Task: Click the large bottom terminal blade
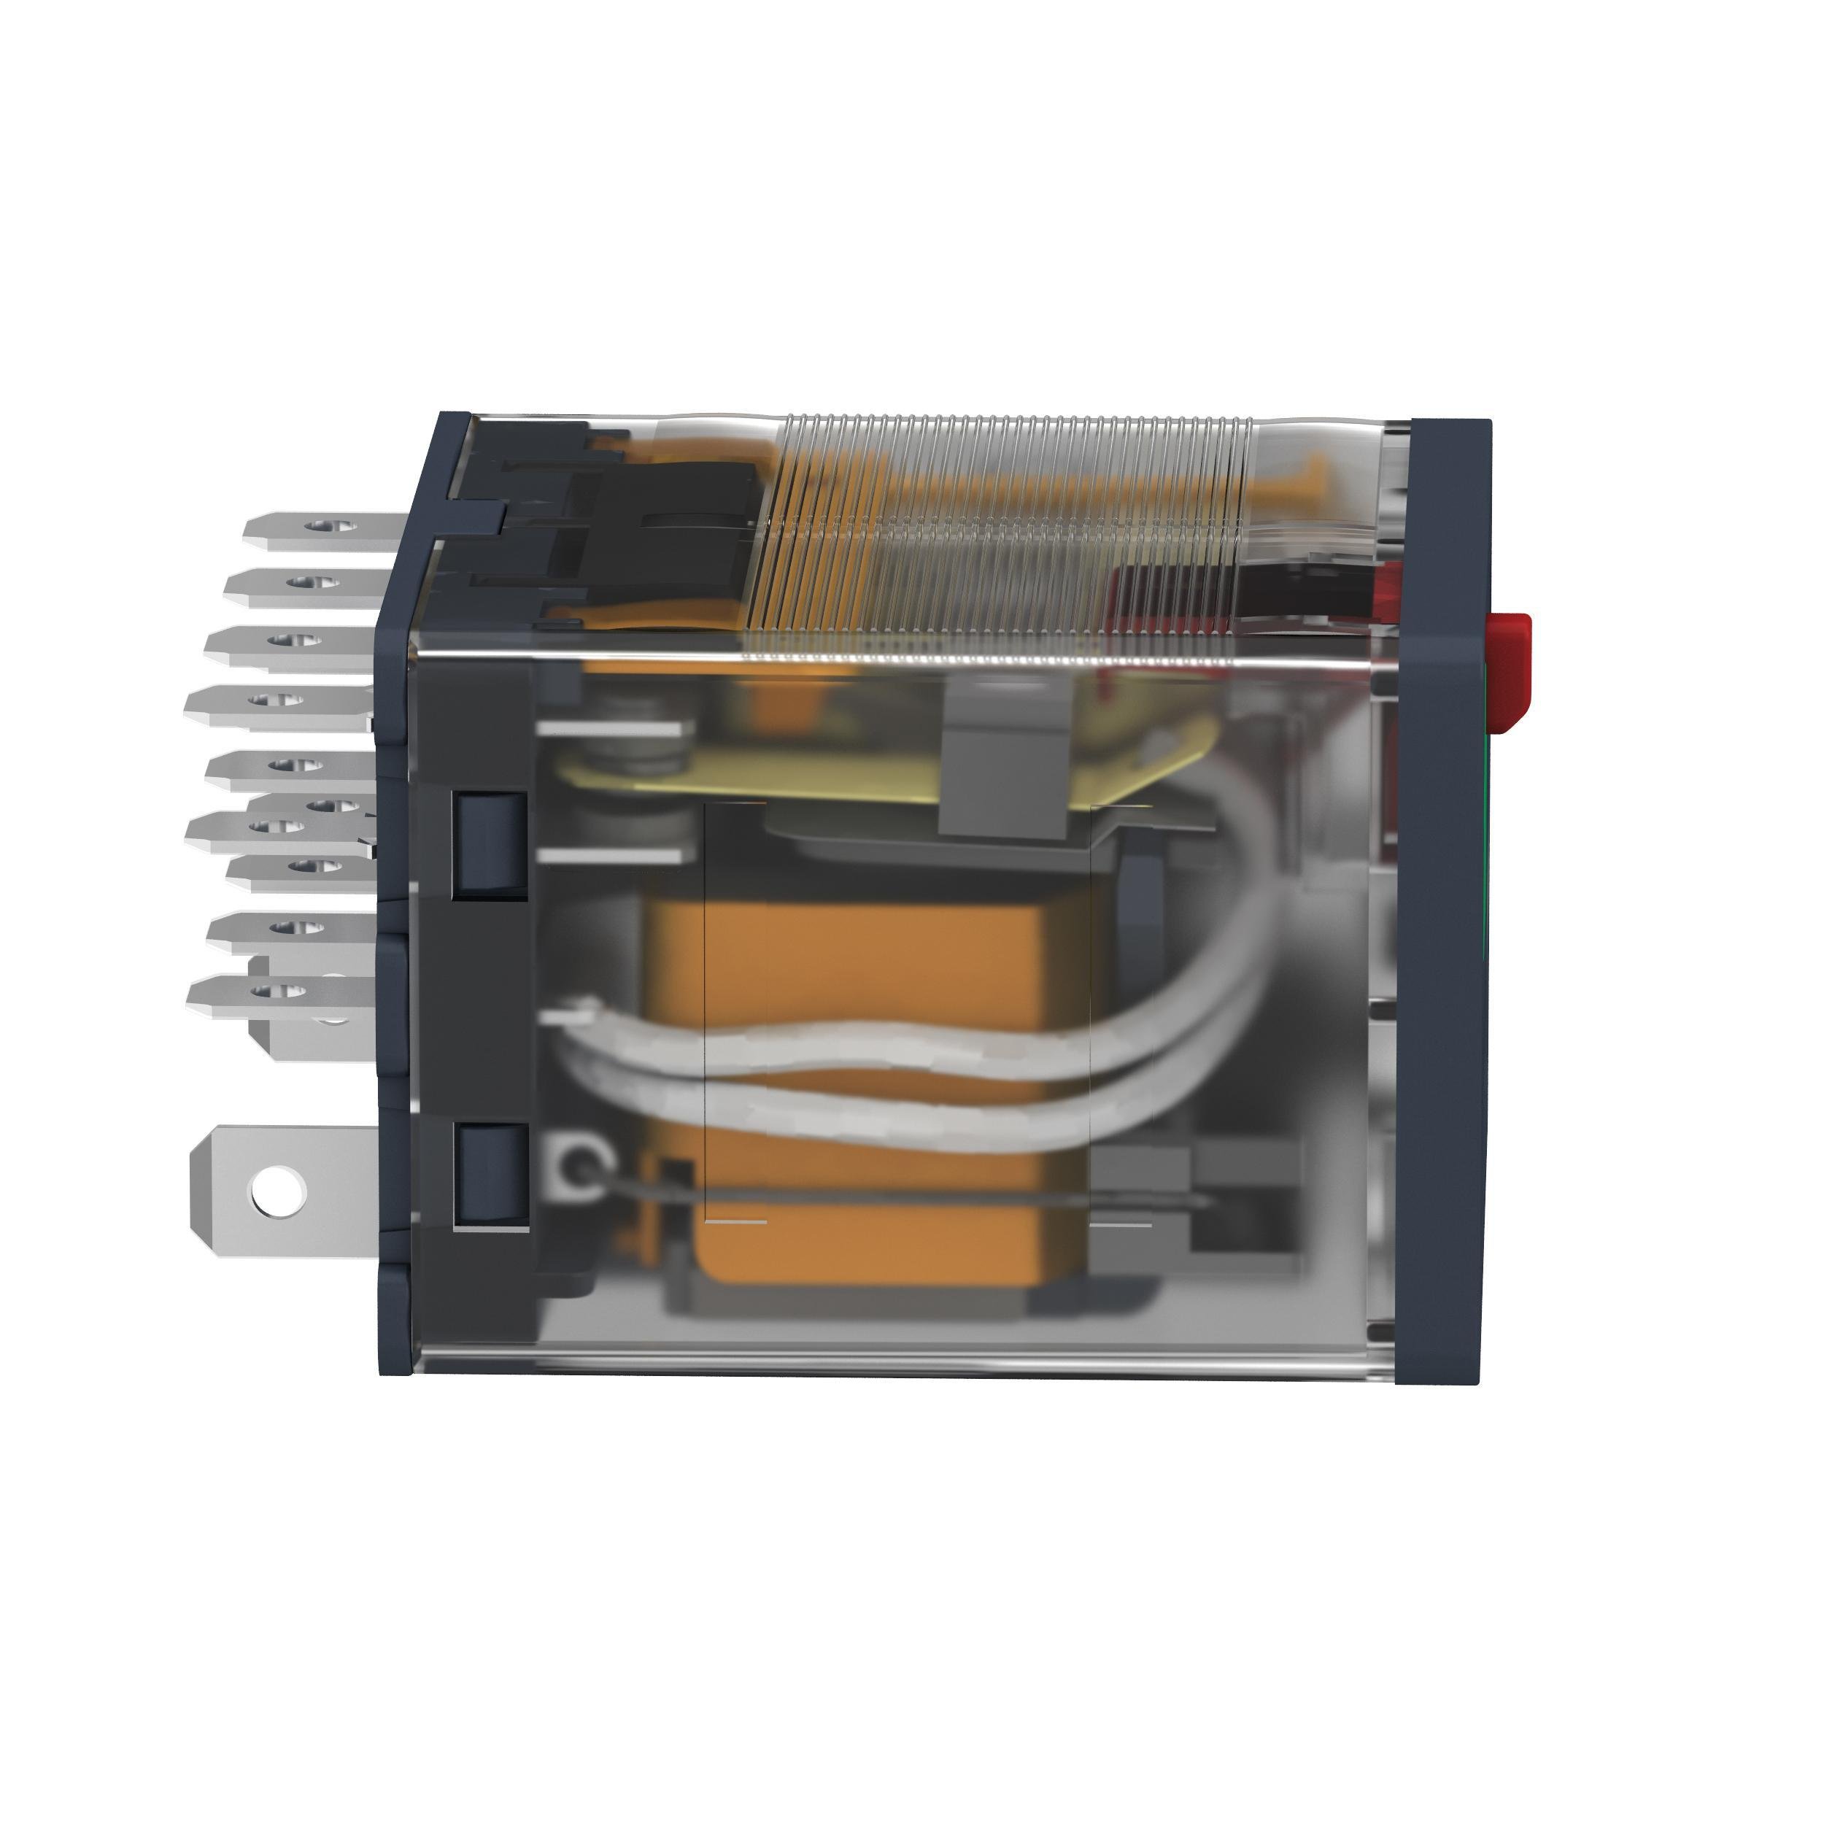tap(283, 1191)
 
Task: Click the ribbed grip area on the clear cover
tap(1001, 538)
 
